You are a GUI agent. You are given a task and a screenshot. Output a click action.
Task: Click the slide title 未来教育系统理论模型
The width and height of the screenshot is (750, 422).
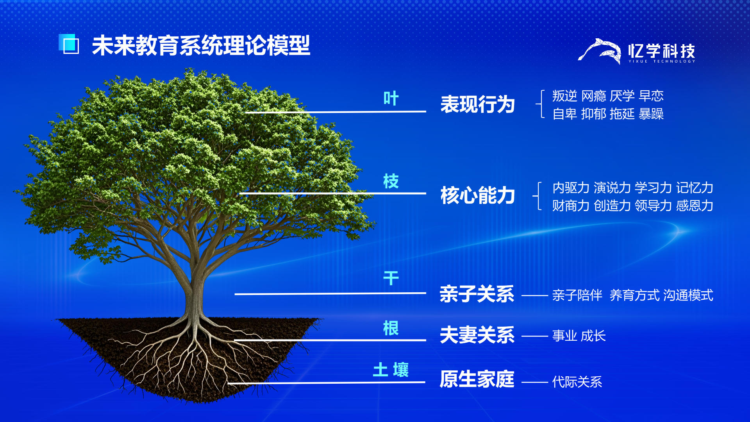point(201,45)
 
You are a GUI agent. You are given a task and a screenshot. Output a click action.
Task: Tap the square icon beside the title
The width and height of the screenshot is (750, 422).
point(69,44)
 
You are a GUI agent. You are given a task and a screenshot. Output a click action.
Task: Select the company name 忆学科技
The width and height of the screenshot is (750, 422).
point(662,51)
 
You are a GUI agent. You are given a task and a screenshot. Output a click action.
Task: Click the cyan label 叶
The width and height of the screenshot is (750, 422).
point(391,98)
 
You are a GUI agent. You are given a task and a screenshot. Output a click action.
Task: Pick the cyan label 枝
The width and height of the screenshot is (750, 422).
point(391,181)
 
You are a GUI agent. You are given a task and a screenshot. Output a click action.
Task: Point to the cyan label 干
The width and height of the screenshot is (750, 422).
point(391,278)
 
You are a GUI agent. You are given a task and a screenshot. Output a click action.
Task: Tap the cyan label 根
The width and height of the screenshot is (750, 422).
point(391,328)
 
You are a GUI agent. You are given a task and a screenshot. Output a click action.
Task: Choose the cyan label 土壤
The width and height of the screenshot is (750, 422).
point(391,370)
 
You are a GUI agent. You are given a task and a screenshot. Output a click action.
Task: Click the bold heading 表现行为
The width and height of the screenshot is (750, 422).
point(478,104)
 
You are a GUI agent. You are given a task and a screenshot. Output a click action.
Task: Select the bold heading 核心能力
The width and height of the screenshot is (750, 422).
point(478,195)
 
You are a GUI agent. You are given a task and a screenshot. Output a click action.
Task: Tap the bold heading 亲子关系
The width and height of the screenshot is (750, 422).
point(477,294)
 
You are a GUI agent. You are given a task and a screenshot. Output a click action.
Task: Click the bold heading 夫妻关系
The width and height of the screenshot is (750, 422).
point(477,335)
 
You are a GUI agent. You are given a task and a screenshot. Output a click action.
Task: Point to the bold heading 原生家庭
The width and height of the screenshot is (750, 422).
point(477,379)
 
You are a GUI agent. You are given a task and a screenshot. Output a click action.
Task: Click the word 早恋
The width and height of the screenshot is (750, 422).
point(651,96)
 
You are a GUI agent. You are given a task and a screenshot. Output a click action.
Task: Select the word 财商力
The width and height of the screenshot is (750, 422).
point(571,206)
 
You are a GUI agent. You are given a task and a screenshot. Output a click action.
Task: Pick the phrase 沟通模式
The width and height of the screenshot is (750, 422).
point(688,295)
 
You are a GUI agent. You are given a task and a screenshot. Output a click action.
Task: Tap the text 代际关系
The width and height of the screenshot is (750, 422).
point(577,382)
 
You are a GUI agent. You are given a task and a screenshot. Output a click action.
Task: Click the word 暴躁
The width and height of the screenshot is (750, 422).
point(651,114)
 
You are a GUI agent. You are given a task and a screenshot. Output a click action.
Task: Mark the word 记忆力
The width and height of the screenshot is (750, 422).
point(695,188)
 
